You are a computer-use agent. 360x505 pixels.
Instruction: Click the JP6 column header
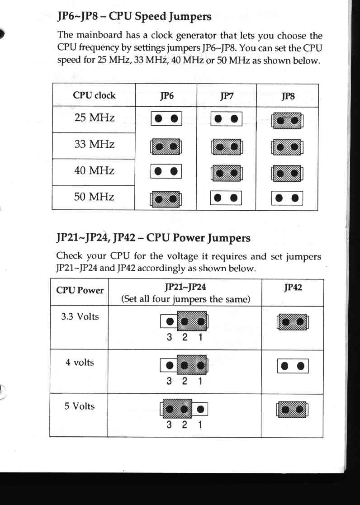coord(166,96)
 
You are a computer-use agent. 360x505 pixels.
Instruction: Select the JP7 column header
coord(227,96)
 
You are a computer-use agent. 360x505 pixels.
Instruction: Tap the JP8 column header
coord(288,96)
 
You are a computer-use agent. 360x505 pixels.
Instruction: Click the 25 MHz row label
coord(95,118)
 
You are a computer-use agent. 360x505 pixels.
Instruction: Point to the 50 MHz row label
coord(94,197)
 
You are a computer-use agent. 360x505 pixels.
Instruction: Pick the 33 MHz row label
coord(95,144)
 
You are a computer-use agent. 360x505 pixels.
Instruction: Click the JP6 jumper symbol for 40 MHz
coord(166,171)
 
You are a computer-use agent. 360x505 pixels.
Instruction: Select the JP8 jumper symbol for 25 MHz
coord(287,121)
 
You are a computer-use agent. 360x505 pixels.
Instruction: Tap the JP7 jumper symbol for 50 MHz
coord(226,198)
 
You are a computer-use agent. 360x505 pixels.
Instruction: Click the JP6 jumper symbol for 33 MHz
coord(166,147)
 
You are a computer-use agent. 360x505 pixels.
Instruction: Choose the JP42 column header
coord(293,287)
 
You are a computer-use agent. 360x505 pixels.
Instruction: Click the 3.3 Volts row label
coord(80,316)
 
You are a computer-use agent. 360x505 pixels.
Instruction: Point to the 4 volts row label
coord(80,362)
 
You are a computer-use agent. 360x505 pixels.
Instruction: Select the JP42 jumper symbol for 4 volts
coord(293,366)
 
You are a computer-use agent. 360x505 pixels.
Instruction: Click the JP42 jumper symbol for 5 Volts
coord(292,410)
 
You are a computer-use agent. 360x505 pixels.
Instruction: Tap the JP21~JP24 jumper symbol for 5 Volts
coord(184,409)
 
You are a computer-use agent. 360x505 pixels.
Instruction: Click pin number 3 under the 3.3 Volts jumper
coord(169,337)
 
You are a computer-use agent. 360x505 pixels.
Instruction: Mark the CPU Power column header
coord(80,290)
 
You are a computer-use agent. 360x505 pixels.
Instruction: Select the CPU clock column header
coord(94,95)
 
